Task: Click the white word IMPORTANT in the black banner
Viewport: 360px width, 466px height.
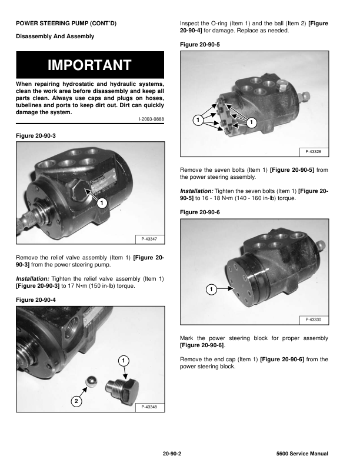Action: (89, 65)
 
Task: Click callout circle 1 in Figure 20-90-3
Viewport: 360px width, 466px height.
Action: (101, 203)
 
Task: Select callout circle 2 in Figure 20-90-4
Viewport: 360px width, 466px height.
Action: (76, 401)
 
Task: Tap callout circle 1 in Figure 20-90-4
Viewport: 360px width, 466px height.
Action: (124, 360)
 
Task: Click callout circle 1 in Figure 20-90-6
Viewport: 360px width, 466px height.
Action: (211, 289)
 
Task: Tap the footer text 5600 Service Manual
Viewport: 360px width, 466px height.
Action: (301, 454)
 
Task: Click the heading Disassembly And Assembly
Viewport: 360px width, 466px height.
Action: (55, 36)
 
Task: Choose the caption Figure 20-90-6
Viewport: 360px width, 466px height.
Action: (199, 212)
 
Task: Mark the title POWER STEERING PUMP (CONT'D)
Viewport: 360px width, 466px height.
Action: (66, 23)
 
